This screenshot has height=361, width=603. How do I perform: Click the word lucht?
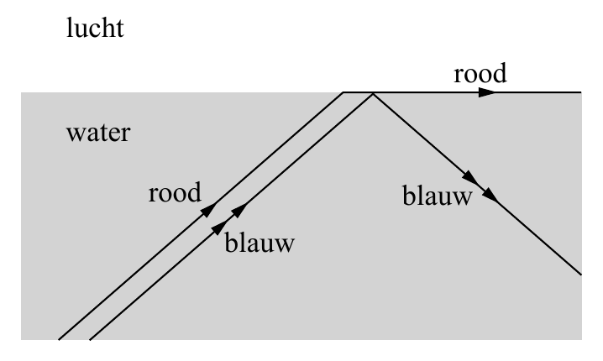click(x=95, y=28)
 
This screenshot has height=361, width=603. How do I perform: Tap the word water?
click(x=98, y=133)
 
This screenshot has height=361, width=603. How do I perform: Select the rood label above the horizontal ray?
click(x=480, y=73)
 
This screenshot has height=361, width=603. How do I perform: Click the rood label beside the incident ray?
click(x=175, y=192)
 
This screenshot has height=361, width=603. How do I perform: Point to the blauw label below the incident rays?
click(x=260, y=242)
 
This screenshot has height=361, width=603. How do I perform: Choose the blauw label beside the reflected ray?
click(x=438, y=196)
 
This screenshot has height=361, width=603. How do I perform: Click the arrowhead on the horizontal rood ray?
click(x=487, y=92)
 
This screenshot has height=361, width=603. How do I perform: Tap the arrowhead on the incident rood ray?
click(x=209, y=210)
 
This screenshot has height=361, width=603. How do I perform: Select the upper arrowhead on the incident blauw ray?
click(x=239, y=210)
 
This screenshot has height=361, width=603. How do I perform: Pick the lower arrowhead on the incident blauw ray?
click(x=219, y=228)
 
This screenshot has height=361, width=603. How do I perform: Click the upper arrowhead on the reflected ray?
click(x=470, y=176)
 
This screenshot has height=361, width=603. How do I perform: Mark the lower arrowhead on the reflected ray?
click(x=490, y=194)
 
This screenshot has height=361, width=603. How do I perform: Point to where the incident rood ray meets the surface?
click(x=343, y=92)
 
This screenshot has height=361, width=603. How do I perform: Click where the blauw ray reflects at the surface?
click(x=373, y=93)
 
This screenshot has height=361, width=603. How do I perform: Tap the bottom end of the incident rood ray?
click(x=59, y=339)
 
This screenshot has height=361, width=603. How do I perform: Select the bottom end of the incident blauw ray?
click(x=90, y=339)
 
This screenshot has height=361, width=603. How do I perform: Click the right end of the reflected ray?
click(x=581, y=275)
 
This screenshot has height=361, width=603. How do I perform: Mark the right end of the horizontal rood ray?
click(x=581, y=92)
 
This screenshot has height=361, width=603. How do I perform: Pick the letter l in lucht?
click(x=69, y=28)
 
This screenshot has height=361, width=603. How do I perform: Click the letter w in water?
click(x=75, y=133)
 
